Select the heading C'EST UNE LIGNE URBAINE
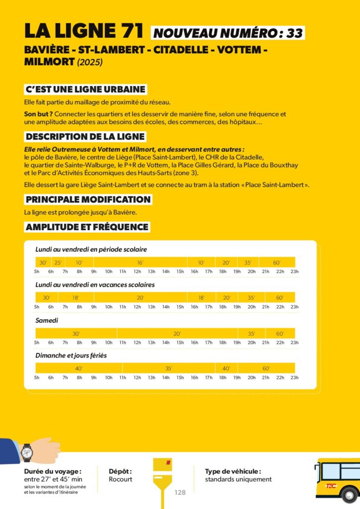pos(86,89)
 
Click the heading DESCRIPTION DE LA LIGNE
pos(85,137)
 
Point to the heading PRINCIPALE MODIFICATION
pos(88,199)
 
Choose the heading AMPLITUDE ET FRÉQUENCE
pos(87,227)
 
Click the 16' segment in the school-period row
pos(140,262)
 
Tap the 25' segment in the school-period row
pos(58,262)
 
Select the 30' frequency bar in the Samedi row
pos(76,334)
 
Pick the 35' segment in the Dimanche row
pos(169,368)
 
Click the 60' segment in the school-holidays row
pos(280,298)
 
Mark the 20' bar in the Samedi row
pos(177,334)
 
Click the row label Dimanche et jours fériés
pos(71,356)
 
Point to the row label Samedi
pos(47,321)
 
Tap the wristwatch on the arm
pos(27,452)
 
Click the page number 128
pos(180,492)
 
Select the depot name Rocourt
pos(120,480)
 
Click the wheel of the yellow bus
pos(350,495)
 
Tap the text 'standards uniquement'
pos(238,480)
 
